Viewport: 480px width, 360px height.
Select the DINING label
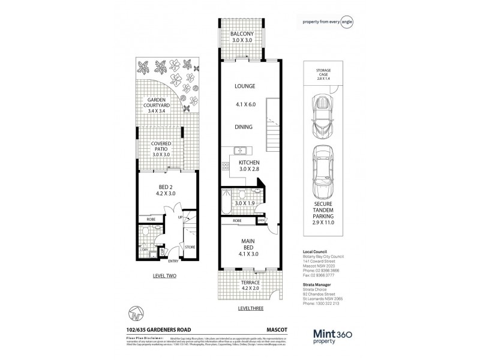244,127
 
